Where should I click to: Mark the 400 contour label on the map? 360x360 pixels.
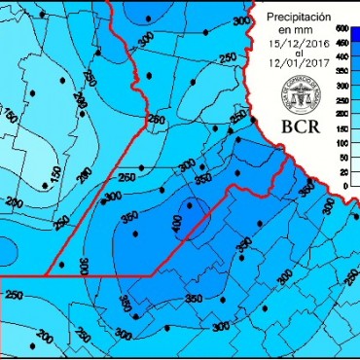coord(177,225)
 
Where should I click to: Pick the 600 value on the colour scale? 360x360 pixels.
coord(342,29)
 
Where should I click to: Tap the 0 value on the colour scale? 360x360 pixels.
coord(345,185)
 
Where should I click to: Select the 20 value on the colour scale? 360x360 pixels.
coord(343,172)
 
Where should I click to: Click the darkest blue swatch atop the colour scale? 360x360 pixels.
coord(355,33)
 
